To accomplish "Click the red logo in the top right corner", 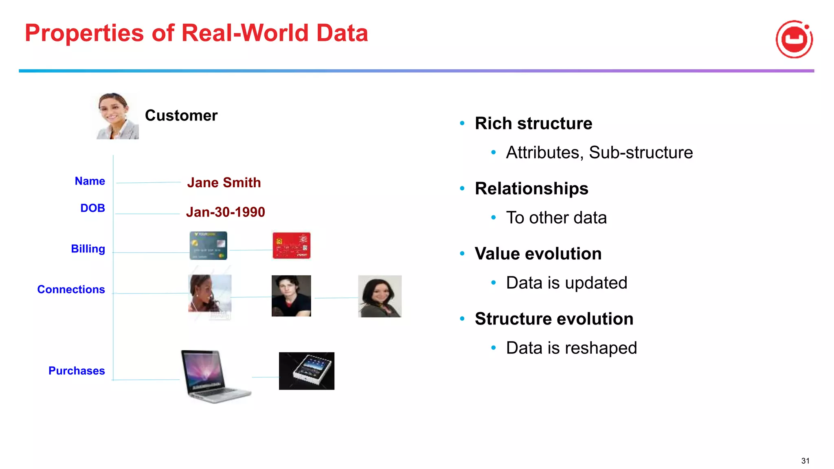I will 794,39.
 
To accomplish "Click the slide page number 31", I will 805,461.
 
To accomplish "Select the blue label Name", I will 90,181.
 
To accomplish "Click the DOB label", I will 92,208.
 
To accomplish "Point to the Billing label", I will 88,249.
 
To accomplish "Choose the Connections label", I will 71,289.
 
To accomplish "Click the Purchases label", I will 77,371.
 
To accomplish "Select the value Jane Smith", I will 224,183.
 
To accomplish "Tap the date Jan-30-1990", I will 225,212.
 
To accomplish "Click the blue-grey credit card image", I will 208,245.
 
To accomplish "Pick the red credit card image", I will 291,245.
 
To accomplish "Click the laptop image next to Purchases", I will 215,377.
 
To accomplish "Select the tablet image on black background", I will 306,371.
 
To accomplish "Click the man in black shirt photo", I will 291,296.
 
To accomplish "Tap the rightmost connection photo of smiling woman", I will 380,296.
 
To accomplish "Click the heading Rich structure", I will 533,123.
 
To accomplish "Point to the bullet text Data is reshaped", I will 571,348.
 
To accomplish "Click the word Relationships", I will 531,188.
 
